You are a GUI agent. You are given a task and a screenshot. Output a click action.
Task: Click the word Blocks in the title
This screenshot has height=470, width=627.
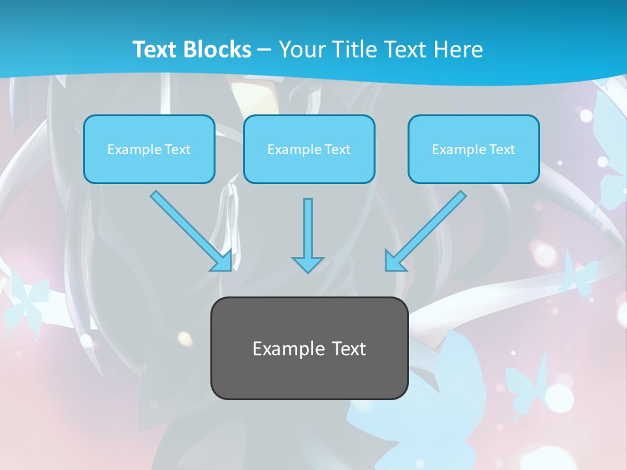219,50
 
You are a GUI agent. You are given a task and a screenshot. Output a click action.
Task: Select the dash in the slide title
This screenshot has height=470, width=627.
265,50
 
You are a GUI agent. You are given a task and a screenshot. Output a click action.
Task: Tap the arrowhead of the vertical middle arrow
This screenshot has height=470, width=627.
308,264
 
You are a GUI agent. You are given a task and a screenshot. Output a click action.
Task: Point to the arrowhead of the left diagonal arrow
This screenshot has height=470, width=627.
222,261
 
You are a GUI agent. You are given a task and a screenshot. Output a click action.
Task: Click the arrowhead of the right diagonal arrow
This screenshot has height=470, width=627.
394,261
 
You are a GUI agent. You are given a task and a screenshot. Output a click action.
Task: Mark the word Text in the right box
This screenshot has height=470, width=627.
502,149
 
